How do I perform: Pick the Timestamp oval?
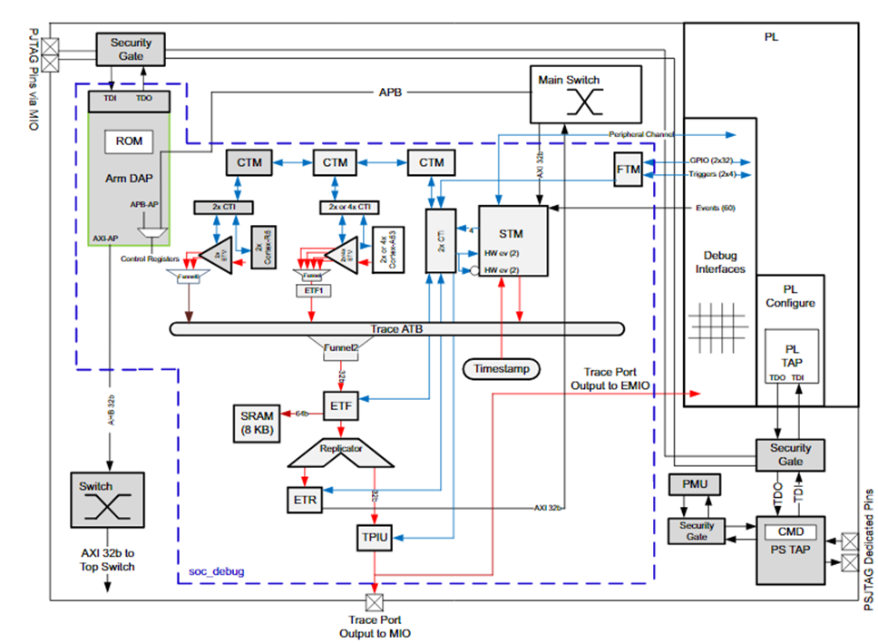pos(501,369)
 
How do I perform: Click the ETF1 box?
pos(310,290)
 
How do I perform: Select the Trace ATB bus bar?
pos(395,328)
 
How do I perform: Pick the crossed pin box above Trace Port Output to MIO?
pos(371,602)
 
